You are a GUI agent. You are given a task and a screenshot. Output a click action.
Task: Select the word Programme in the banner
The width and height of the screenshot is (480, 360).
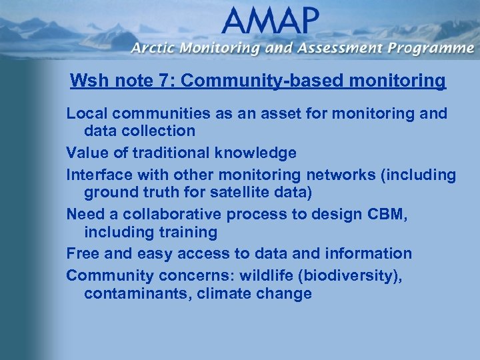coord(431,48)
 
